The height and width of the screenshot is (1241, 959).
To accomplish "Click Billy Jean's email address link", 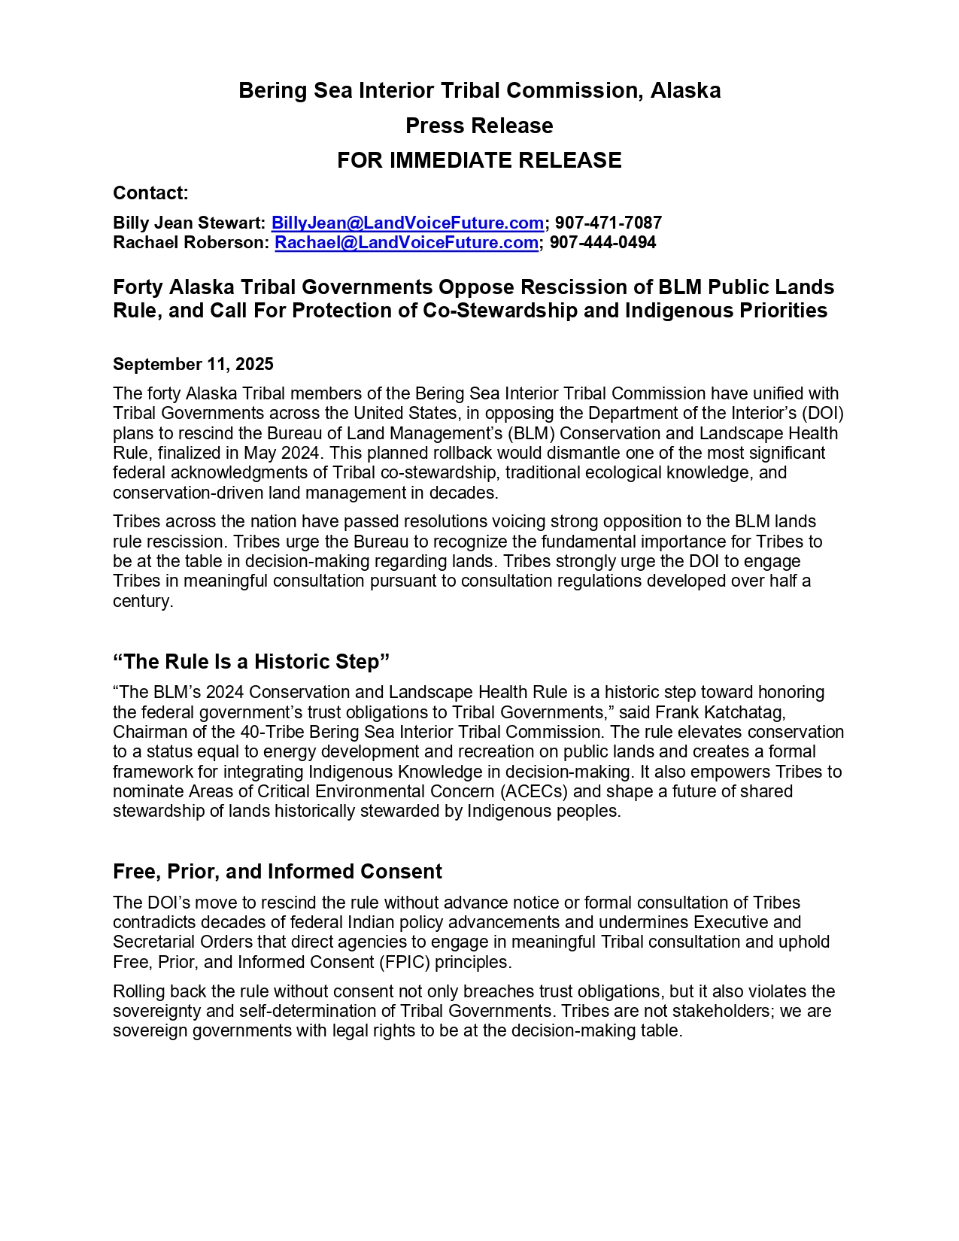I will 407,223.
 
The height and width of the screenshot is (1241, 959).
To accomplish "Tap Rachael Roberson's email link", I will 406,243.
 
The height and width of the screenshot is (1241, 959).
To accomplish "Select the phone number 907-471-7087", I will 608,223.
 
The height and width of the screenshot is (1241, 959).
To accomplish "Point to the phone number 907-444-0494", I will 602,243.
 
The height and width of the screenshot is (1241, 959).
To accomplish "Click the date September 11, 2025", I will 193,365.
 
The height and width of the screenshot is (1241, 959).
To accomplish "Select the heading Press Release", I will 479,126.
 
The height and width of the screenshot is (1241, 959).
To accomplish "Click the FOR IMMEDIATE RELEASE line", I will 479,160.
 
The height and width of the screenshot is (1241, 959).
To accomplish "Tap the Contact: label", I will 150,193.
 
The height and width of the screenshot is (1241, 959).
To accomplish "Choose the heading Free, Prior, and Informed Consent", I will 277,872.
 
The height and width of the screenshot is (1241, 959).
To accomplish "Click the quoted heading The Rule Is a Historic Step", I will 251,662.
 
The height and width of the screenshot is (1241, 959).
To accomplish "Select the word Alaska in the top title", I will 685,91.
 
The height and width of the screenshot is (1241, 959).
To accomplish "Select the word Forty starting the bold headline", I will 138,287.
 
